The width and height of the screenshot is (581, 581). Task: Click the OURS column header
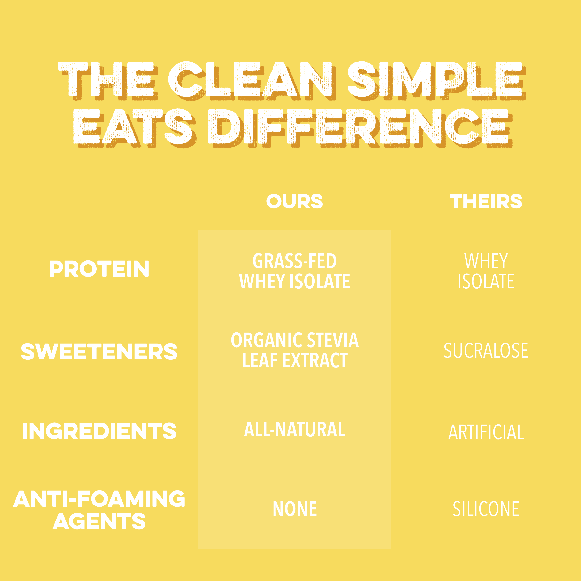pos(294,201)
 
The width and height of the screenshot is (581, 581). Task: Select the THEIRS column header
pos(486,201)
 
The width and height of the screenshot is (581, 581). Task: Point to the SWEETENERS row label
pos(99,352)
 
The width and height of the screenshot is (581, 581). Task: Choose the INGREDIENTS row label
pos(99,431)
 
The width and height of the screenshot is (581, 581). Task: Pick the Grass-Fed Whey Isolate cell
pos(294,271)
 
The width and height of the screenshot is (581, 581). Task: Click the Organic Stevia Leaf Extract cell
pos(294,350)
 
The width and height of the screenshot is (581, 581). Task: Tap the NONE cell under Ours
pos(294,509)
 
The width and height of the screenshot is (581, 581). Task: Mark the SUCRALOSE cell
pos(486,351)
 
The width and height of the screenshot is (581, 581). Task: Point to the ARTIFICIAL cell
pos(486,432)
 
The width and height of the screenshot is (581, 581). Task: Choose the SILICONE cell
pos(486,509)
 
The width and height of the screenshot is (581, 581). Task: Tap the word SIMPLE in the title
pos(436,81)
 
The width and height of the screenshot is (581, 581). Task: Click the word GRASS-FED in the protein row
pos(294,261)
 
